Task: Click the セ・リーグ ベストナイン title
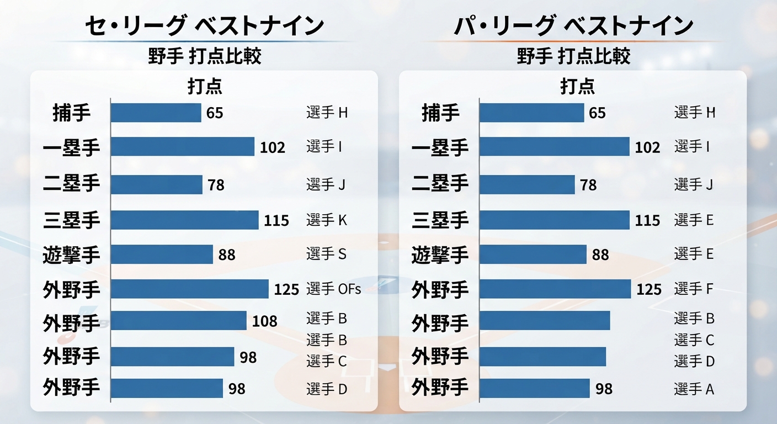tap(204, 26)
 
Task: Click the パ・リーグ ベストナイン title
tap(573, 26)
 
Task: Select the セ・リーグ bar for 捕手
tap(156, 113)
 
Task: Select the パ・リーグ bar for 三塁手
tap(555, 220)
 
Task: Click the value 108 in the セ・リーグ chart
tap(265, 321)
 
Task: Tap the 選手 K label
tap(326, 220)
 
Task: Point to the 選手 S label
tap(326, 254)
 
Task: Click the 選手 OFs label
tap(333, 289)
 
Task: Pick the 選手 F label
tap(694, 289)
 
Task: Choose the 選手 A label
tap(694, 389)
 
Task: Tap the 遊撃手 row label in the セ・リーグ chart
tap(71, 255)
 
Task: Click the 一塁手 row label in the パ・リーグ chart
tap(440, 147)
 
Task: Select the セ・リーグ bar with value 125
tap(190, 289)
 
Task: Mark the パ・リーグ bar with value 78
tap(527, 184)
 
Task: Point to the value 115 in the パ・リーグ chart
tap(647, 221)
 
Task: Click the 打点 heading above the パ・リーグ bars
tap(578, 86)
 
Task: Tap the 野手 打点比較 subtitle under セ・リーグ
tap(205, 56)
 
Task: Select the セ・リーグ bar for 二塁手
tap(157, 184)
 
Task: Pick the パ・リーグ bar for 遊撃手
tap(533, 255)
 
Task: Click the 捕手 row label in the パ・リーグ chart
tap(440, 113)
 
